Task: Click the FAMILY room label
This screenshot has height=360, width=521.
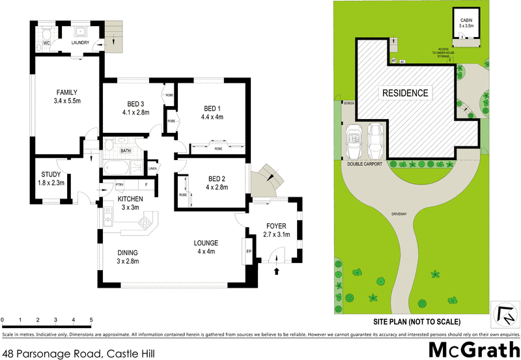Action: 67,91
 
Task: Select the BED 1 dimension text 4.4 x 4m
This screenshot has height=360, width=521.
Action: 212,117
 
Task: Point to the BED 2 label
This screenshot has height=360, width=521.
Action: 217,179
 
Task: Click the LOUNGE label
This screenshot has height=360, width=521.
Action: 207,243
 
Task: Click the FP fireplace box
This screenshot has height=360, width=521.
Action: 249,251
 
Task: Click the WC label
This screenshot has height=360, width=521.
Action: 47,43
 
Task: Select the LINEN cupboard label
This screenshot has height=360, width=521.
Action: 152,169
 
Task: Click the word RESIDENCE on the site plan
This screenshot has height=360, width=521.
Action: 405,93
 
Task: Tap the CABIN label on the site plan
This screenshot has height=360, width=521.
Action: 466,21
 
